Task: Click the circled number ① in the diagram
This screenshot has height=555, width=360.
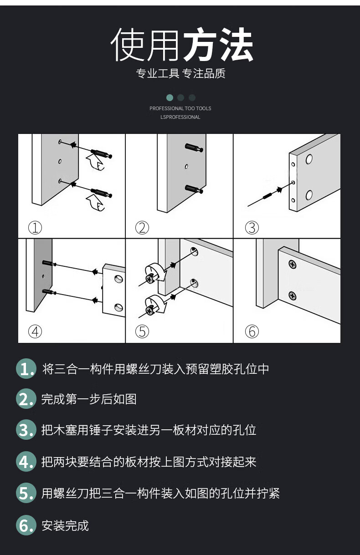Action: pyautogui.click(x=35, y=228)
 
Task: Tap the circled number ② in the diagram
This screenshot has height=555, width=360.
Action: pyautogui.click(x=142, y=228)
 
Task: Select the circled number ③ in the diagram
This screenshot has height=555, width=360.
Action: pyautogui.click(x=252, y=228)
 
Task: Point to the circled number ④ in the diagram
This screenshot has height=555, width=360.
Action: pyautogui.click(x=35, y=331)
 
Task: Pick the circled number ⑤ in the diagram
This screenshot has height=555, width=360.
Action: pyautogui.click(x=142, y=331)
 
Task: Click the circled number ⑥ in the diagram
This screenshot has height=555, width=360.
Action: pyautogui.click(x=252, y=331)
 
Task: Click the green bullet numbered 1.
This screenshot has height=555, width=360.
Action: pyautogui.click(x=26, y=368)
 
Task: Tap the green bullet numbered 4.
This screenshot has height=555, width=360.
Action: pyautogui.click(x=26, y=461)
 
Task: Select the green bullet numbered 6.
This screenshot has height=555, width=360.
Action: pyautogui.click(x=26, y=525)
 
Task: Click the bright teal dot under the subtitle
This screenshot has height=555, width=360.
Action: pyautogui.click(x=170, y=97)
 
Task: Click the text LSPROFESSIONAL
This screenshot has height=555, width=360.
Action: pyautogui.click(x=180, y=117)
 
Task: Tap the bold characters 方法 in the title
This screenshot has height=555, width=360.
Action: pyautogui.click(x=218, y=44)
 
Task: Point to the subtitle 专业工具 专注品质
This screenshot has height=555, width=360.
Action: pyautogui.click(x=181, y=73)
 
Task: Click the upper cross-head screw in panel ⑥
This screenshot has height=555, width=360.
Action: pyautogui.click(x=292, y=265)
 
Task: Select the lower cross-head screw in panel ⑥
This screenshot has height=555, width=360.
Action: pyautogui.click(x=292, y=295)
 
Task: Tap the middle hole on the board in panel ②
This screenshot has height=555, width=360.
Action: pyautogui.click(x=186, y=167)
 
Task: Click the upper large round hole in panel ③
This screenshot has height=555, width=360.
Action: pyautogui.click(x=309, y=159)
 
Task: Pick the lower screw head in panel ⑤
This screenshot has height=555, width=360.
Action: pyautogui.click(x=149, y=311)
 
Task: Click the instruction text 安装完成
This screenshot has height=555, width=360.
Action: pyautogui.click(x=65, y=525)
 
